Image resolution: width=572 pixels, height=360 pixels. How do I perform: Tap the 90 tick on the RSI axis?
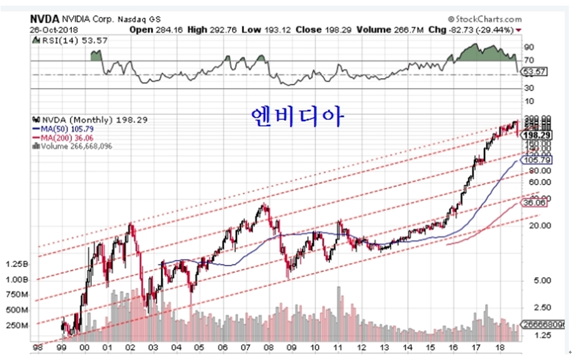[529, 47]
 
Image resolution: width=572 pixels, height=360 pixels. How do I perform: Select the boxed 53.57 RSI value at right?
[535, 71]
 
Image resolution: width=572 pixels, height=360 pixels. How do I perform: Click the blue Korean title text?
[296, 116]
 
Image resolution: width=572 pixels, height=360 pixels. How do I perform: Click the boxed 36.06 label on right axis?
[534, 202]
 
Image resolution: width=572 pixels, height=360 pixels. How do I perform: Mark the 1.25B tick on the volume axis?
[17, 264]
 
